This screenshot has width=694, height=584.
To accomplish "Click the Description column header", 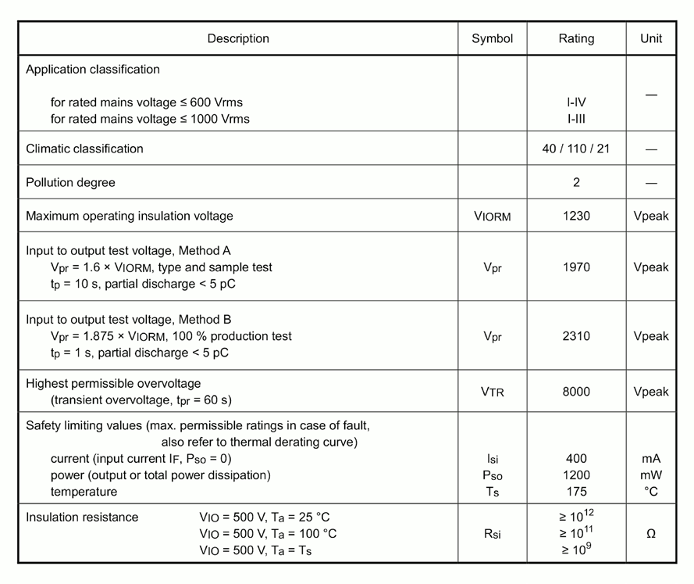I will point(238,38).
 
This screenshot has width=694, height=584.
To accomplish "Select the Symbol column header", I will point(492,38).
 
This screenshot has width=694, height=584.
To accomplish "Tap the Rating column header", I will point(576,38).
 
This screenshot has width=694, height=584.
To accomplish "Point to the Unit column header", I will point(651,38).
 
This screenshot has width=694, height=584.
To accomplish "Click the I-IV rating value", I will point(576,102).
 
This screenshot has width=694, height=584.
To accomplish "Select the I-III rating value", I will point(576,119).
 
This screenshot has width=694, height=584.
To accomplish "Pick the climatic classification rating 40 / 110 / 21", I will point(576,149).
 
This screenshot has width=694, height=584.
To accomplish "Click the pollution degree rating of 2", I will point(576,183).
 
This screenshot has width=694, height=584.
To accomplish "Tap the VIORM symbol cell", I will point(492,217).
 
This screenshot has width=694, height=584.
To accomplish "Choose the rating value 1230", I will point(576,216).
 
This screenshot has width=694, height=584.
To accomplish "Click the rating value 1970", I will point(576,267).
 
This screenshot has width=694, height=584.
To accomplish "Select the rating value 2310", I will point(576,336).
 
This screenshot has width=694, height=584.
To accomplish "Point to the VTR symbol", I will point(492,392).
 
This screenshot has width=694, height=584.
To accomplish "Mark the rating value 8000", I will point(576,392).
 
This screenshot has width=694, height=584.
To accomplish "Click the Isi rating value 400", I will point(576,459).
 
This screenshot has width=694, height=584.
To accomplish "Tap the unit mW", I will point(651,475).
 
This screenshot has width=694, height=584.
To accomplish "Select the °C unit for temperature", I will point(651,492).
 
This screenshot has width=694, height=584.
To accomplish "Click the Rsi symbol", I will point(492,534).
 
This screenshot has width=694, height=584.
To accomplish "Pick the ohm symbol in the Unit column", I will point(651,534).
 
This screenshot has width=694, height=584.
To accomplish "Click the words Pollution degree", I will point(70,183).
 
